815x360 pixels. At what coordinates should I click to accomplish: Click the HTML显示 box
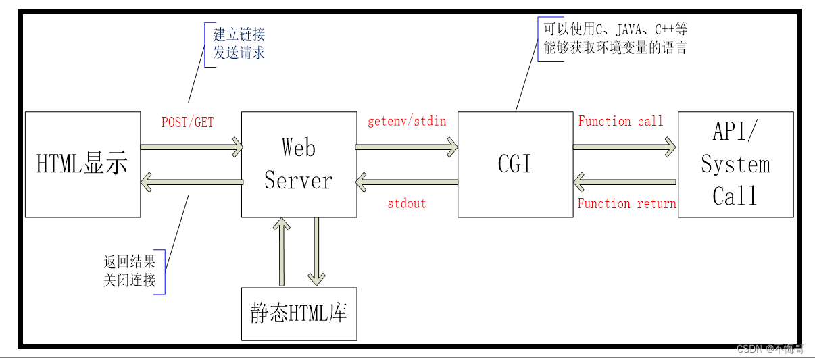pos(82,165)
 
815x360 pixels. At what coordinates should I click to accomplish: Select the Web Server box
pos(299,165)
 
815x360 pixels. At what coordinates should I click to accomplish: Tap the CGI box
pos(515,165)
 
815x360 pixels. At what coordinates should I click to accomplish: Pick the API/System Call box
pos(735,165)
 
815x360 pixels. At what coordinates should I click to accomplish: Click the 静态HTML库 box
pos(299,313)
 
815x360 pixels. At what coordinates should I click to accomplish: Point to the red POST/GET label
pos(187,122)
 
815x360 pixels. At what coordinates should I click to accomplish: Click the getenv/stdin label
pos(407,122)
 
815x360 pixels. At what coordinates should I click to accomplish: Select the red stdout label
pos(407,203)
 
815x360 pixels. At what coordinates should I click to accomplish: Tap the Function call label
pos(620,122)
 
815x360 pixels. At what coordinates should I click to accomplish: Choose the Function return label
pos(626,203)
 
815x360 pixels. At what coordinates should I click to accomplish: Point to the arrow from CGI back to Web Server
pos(407,181)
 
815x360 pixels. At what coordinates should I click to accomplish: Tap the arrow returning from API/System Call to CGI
pos(624,181)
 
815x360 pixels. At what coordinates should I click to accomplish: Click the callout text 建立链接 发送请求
pos(239,44)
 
